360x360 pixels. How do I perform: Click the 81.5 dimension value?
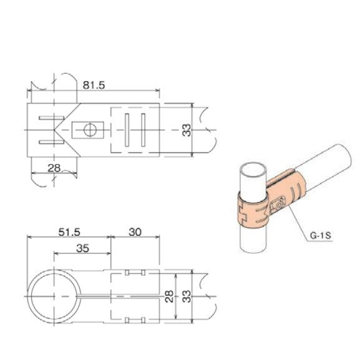pos(92,84)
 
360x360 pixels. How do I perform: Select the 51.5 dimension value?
pos(69,231)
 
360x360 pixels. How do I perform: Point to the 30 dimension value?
pos(134,231)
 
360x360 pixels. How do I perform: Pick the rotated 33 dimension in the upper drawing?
pos(186,130)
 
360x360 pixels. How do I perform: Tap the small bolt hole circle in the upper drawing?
pos(89,130)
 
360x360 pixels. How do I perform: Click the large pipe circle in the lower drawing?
pos(54,295)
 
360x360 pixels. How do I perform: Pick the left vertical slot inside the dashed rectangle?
pos(128,130)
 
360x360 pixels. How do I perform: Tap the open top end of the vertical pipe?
pos(253,170)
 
